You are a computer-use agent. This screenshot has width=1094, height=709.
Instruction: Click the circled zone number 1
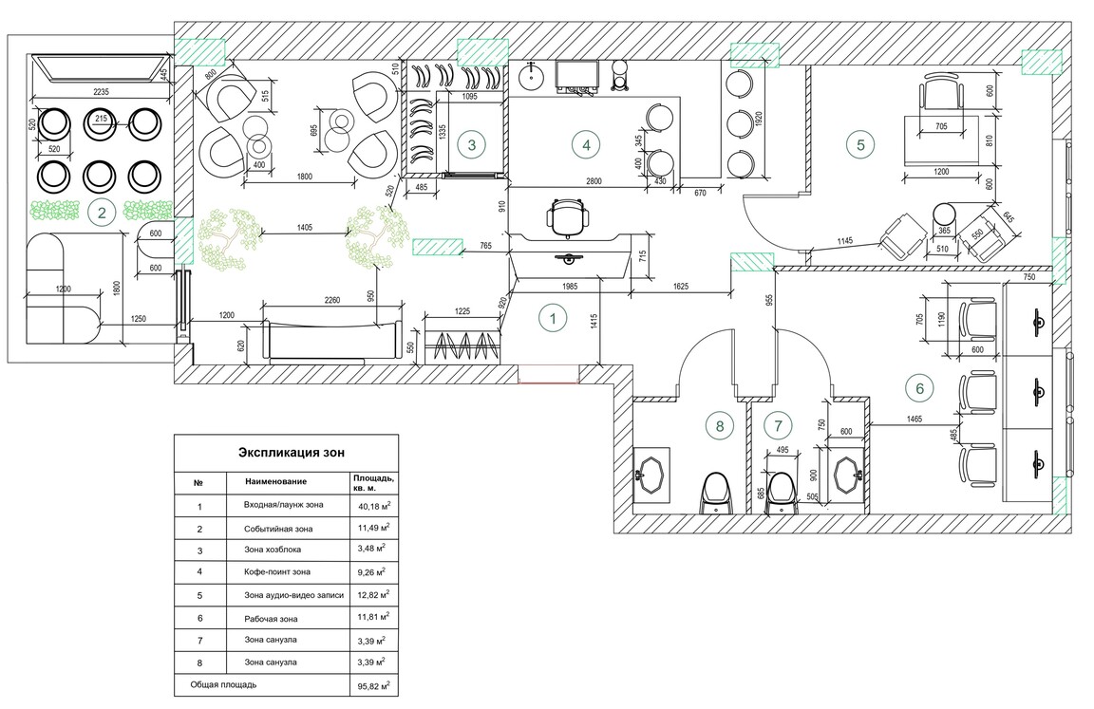click(554, 318)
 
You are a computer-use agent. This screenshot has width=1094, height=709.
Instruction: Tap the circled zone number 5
click(860, 145)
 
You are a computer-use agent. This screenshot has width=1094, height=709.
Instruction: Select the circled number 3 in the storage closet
click(472, 145)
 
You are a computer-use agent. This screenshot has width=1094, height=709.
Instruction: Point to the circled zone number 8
click(720, 425)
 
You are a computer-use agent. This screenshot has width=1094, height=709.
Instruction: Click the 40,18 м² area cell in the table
click(374, 506)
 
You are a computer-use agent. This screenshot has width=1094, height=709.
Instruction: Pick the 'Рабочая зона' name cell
click(271, 619)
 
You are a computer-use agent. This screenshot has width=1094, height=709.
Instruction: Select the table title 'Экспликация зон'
click(291, 453)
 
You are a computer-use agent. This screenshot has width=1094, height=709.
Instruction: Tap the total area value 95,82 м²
click(374, 686)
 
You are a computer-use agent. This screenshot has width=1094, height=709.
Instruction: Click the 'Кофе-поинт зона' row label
click(277, 571)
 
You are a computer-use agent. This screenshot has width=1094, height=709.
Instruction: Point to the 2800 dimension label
click(594, 181)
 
